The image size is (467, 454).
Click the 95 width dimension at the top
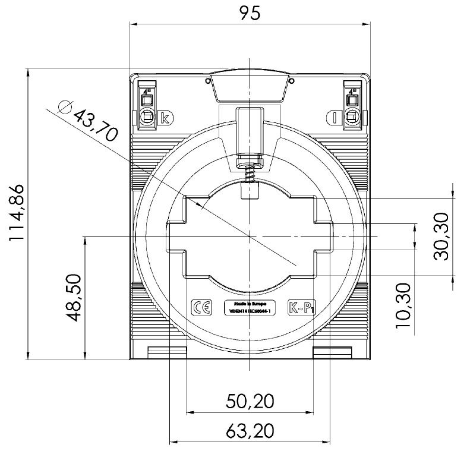click(250, 13)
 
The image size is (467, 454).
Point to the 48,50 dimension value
click(72, 298)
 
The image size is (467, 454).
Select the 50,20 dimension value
click(250, 401)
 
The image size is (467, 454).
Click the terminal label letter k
click(165, 118)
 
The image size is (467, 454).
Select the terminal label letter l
click(335, 118)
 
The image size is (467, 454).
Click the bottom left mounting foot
click(167, 353)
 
